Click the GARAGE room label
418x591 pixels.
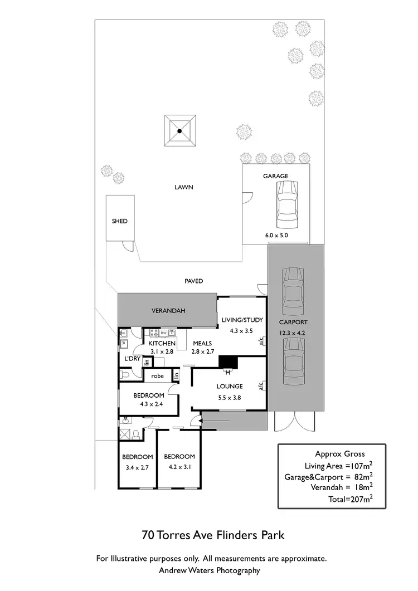pyautogui.click(x=276, y=176)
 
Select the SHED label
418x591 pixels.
pyautogui.click(x=120, y=221)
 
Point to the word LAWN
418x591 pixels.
pyautogui.click(x=183, y=188)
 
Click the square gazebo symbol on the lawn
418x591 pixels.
pyautogui.click(x=180, y=131)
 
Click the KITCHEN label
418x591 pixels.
pyautogui.click(x=162, y=343)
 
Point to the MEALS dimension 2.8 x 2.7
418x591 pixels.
pyautogui.click(x=203, y=352)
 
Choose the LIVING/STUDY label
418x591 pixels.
pyautogui.click(x=240, y=320)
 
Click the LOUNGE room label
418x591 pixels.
pyautogui.click(x=230, y=386)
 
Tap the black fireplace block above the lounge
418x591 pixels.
pyautogui.click(x=228, y=362)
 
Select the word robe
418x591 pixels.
pyautogui.click(x=158, y=376)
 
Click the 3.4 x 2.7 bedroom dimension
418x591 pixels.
pyautogui.click(x=137, y=467)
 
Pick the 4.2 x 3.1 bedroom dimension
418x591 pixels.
pyautogui.click(x=179, y=467)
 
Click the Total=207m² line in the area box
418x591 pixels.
pyautogui.click(x=351, y=500)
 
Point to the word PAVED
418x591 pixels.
pyautogui.click(x=194, y=281)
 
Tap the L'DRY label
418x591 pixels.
pyautogui.click(x=132, y=358)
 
